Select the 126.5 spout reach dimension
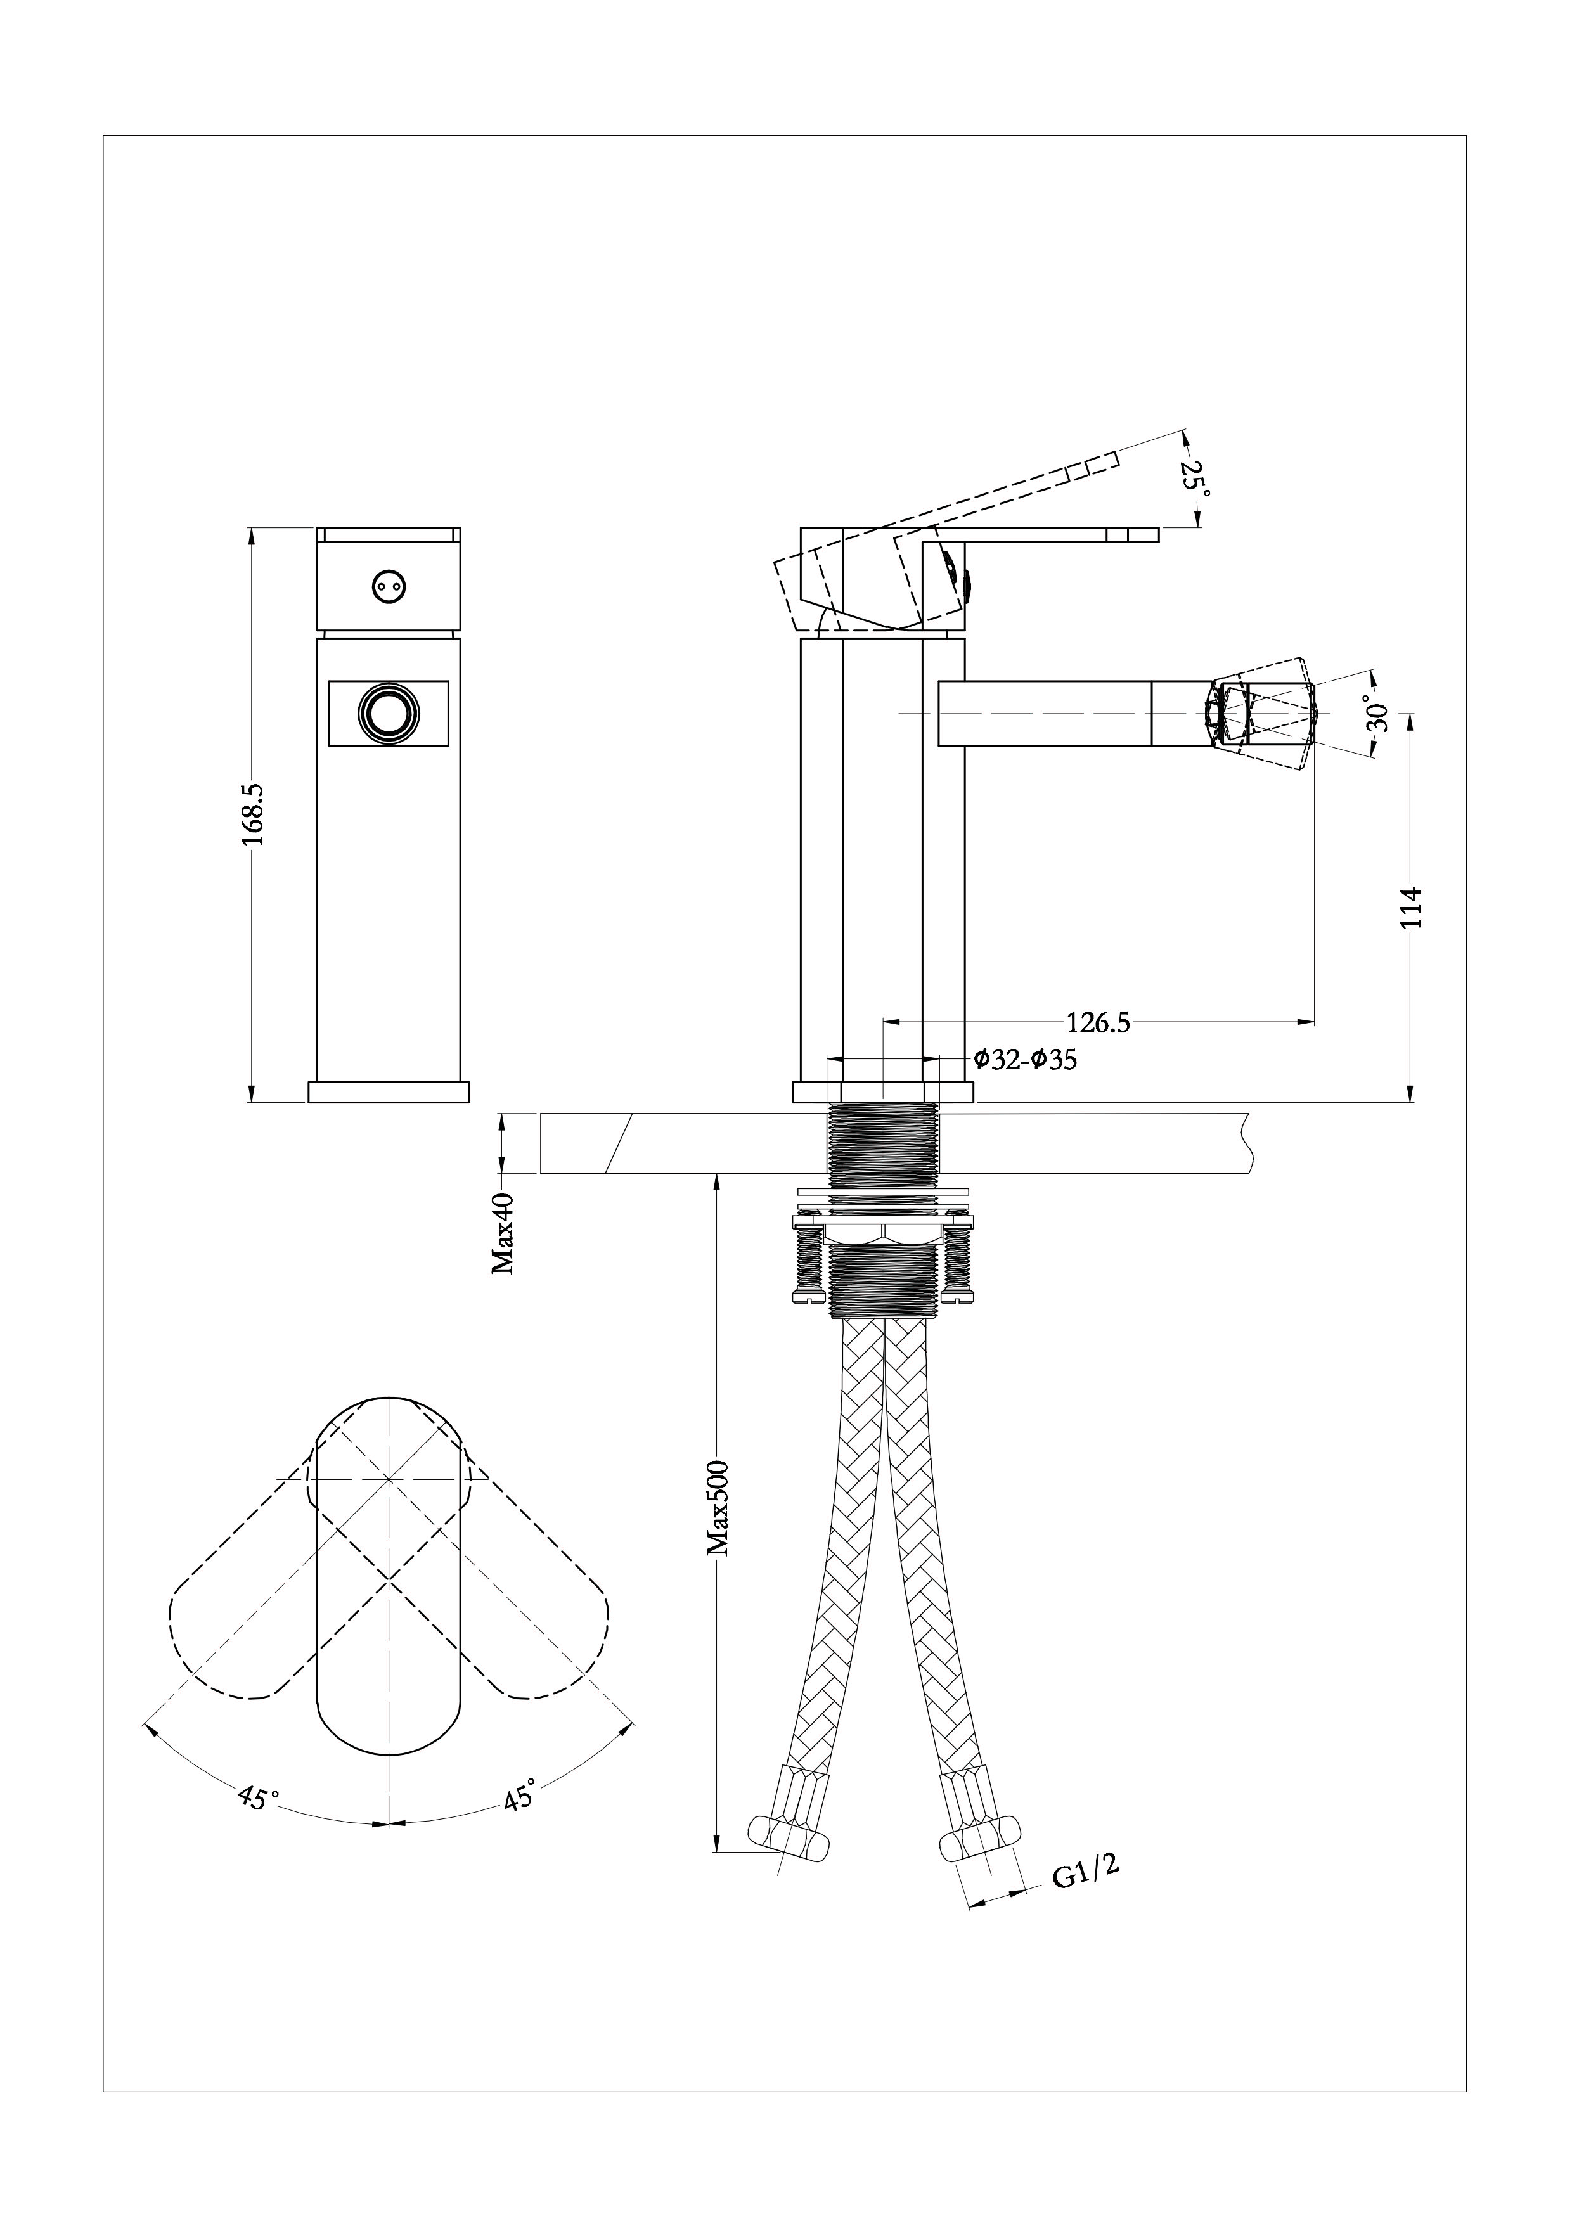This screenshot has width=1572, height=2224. click(1098, 1023)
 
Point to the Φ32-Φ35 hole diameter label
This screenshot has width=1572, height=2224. click(1025, 1060)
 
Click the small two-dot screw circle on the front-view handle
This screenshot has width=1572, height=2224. click(389, 585)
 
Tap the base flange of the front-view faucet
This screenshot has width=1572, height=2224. click(389, 1091)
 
